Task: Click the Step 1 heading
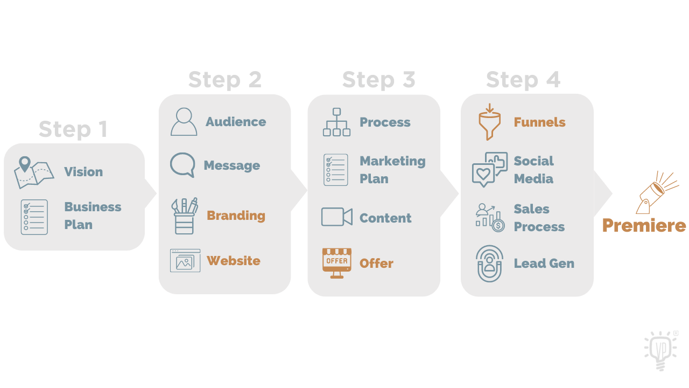(73, 129)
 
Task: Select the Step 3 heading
(378, 80)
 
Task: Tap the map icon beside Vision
(33, 172)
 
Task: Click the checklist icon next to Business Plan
(34, 217)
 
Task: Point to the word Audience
(236, 122)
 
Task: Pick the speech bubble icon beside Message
(182, 165)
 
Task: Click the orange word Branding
(236, 216)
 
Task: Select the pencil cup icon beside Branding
(184, 216)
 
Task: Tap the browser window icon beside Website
(185, 261)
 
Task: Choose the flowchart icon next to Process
(336, 122)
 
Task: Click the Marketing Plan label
(392, 170)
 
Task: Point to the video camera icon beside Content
(336, 217)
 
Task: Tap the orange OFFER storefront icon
(336, 262)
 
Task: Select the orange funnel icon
(489, 122)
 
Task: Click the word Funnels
(539, 122)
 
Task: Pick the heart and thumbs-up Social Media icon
(489, 169)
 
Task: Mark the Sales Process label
(539, 218)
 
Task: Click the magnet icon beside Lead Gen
(489, 264)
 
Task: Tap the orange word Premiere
(644, 225)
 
